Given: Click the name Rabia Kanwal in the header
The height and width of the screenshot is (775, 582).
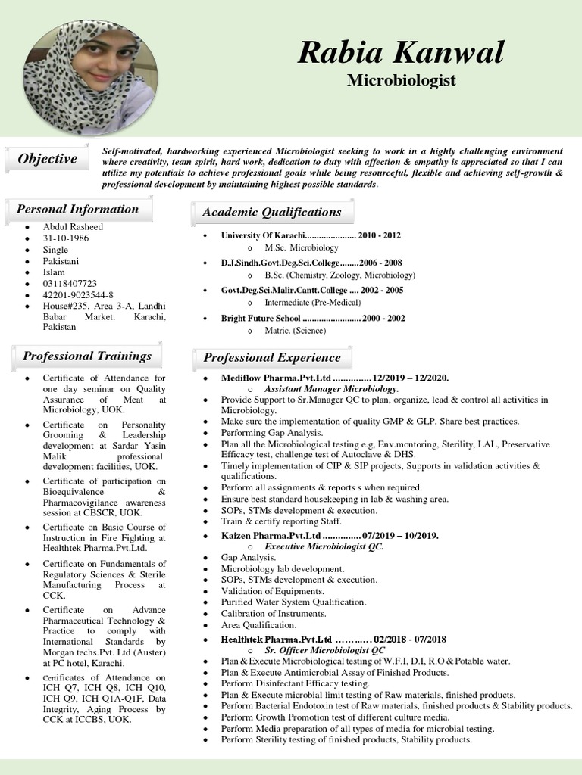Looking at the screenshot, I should pos(401,53).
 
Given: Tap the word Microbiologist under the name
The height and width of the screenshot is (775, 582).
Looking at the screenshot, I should pos(401,79).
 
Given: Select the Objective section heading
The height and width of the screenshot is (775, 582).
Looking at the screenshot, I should pos(47,159).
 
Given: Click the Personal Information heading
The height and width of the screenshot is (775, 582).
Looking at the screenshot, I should pos(78,210).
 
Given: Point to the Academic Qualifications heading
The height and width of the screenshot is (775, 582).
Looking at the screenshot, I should pos(271,213).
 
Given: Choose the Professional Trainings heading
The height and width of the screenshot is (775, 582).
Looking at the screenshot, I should pos(87,356).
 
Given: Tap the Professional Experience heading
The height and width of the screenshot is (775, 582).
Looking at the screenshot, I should pos(271,358).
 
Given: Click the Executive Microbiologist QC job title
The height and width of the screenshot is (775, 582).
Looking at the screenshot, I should pos(324,546).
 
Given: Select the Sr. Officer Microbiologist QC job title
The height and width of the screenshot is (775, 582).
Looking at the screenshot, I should pos(324,650).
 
